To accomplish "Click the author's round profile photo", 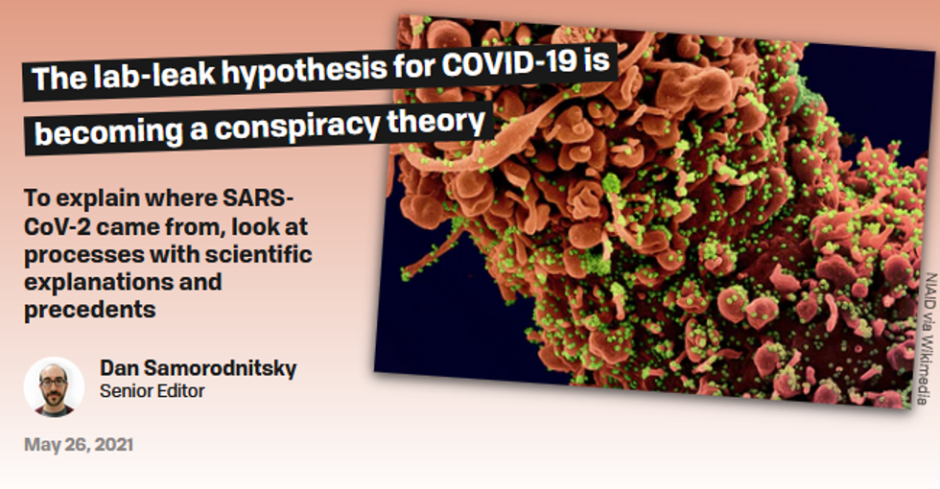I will click(54, 386).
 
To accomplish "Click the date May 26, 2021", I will click(79, 445).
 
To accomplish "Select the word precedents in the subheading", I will click(90, 310).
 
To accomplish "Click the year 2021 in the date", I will click(113, 445).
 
